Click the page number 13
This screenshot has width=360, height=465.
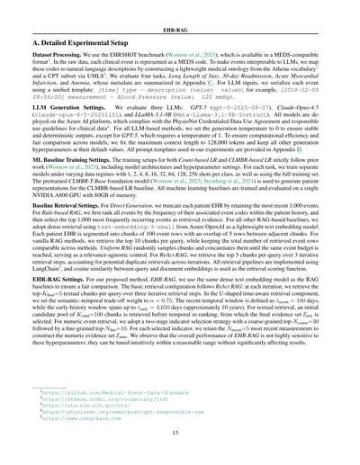click(x=180, y=438)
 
